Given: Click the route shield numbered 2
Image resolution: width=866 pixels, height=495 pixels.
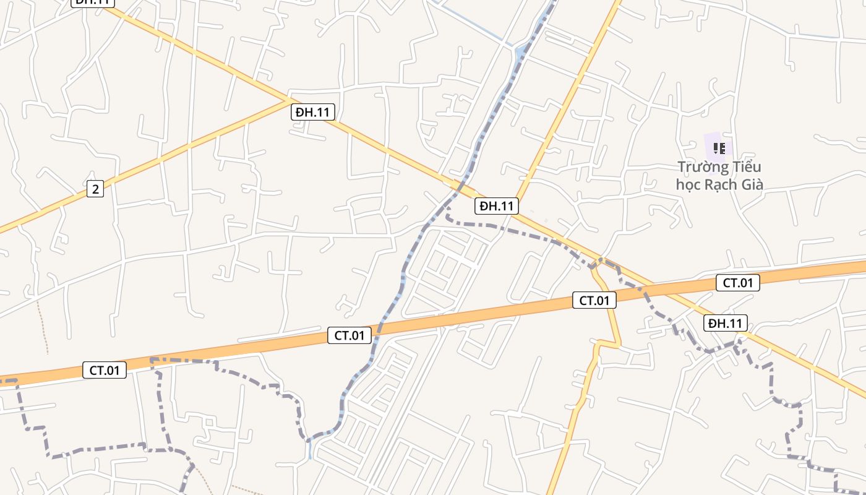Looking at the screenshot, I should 95,189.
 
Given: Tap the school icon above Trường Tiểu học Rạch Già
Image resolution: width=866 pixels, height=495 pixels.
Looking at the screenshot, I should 719,148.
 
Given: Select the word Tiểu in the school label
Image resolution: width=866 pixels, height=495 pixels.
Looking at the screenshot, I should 745,167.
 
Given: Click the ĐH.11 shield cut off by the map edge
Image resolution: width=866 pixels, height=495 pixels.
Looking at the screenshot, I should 93,2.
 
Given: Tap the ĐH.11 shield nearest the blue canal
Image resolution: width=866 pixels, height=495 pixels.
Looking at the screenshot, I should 496,206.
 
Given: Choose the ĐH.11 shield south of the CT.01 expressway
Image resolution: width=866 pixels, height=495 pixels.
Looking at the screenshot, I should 725,323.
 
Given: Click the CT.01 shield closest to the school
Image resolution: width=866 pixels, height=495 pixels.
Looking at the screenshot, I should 737,283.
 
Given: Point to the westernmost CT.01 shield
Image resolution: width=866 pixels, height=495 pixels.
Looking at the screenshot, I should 104,370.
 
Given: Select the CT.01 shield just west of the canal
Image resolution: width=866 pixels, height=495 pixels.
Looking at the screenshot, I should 349,335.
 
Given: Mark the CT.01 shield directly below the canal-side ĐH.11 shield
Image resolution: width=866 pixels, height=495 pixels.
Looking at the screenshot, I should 594,301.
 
